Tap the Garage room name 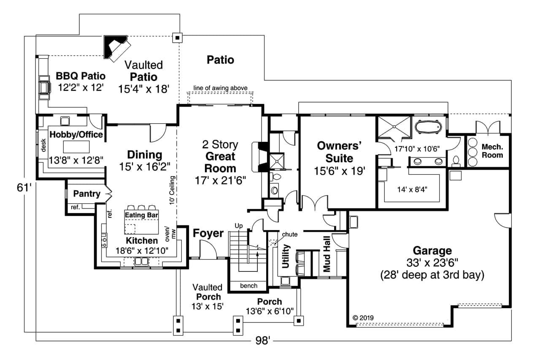point(432,250)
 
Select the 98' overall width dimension point(262,341)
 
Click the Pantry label point(86,194)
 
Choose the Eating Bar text point(141,215)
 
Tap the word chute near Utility point(289,234)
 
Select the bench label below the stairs point(248,286)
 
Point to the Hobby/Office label point(76,135)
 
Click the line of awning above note point(220,88)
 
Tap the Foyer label point(208,233)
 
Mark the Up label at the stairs point(238,226)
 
